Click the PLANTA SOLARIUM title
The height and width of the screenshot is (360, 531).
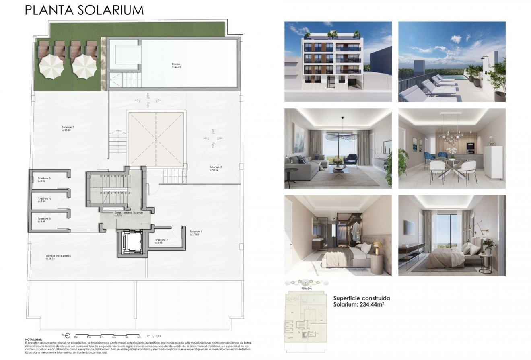(x=84, y=10)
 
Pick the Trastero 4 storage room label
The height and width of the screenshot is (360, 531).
(x=44, y=198)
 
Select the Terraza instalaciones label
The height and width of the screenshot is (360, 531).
(x=58, y=256)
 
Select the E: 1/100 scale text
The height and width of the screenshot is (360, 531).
(x=154, y=335)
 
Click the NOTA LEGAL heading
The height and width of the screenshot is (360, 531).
(x=34, y=340)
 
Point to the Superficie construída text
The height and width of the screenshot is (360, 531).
(x=362, y=298)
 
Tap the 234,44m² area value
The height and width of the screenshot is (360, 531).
(x=373, y=305)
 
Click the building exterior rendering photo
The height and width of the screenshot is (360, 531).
(x=338, y=62)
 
